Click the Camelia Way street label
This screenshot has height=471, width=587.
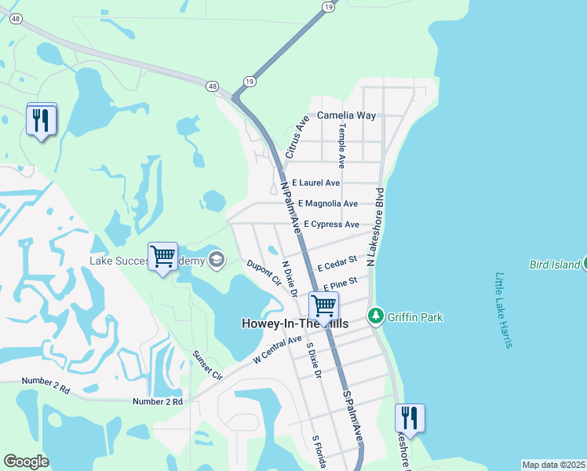tap(346, 115)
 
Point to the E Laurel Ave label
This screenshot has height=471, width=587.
tap(316, 183)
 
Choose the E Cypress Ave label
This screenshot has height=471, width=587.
tap(331, 224)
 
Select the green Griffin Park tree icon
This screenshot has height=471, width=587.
tap(377, 316)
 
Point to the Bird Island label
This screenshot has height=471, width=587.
tap(554, 265)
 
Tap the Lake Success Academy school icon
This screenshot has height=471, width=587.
tap(215, 259)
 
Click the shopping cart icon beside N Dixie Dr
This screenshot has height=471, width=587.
tap(323, 305)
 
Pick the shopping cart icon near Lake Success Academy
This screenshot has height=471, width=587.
tap(162, 255)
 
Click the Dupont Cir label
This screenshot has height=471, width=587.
tap(264, 272)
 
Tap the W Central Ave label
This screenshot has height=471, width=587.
tap(278, 350)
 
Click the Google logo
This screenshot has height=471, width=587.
tap(26, 462)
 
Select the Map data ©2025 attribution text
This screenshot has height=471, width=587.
tap(552, 465)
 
